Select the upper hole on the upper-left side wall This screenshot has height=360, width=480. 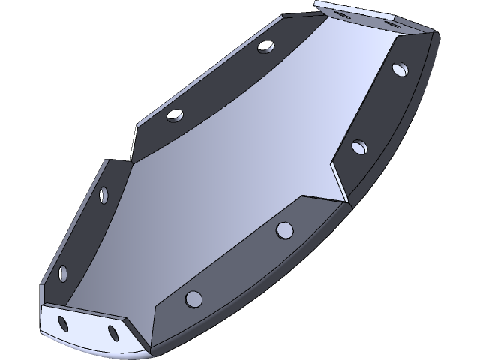[x=265, y=47]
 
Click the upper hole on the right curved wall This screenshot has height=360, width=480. [x=399, y=69]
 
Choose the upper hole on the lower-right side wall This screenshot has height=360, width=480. [x=284, y=229]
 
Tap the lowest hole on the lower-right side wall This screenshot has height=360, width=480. [x=193, y=298]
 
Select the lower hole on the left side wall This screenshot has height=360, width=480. [x=61, y=271]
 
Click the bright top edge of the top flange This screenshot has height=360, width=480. [x=352, y=7]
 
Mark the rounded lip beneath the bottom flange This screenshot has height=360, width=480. [x=90, y=346]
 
